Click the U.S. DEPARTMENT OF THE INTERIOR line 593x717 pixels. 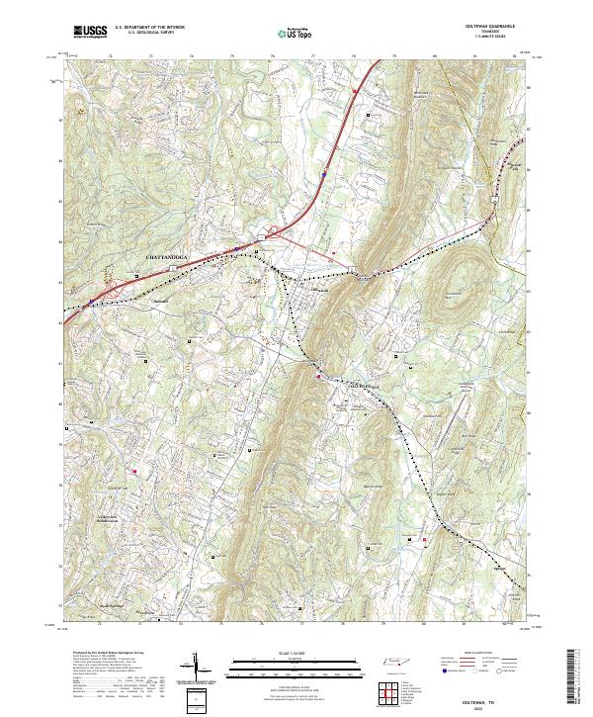pyautogui.click(x=150, y=28)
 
